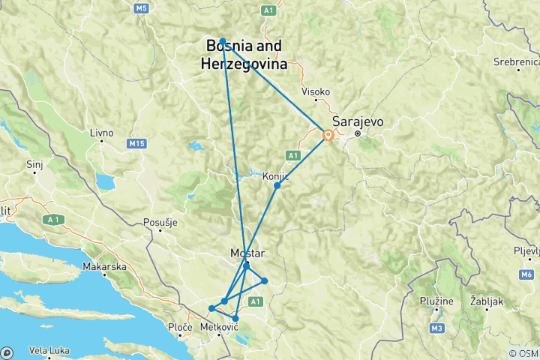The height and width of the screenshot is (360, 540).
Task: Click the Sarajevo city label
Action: tap(356, 121)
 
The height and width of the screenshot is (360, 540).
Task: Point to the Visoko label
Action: tap(316, 91)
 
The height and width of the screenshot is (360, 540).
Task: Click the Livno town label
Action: tap(101, 133)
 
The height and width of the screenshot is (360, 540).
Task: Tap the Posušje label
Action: tap(160, 222)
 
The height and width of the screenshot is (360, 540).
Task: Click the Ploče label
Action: tap(181, 328)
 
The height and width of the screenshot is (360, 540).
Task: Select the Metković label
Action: tap(220, 328)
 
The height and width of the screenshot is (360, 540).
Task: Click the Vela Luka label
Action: tap(47, 349)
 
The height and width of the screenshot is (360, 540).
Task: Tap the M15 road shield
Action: tap(136, 142)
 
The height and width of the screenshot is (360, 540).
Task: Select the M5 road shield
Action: tap(140, 8)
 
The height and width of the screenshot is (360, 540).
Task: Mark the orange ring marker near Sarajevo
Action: tap(328, 136)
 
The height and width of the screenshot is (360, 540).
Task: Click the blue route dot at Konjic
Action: tap(277, 185)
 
